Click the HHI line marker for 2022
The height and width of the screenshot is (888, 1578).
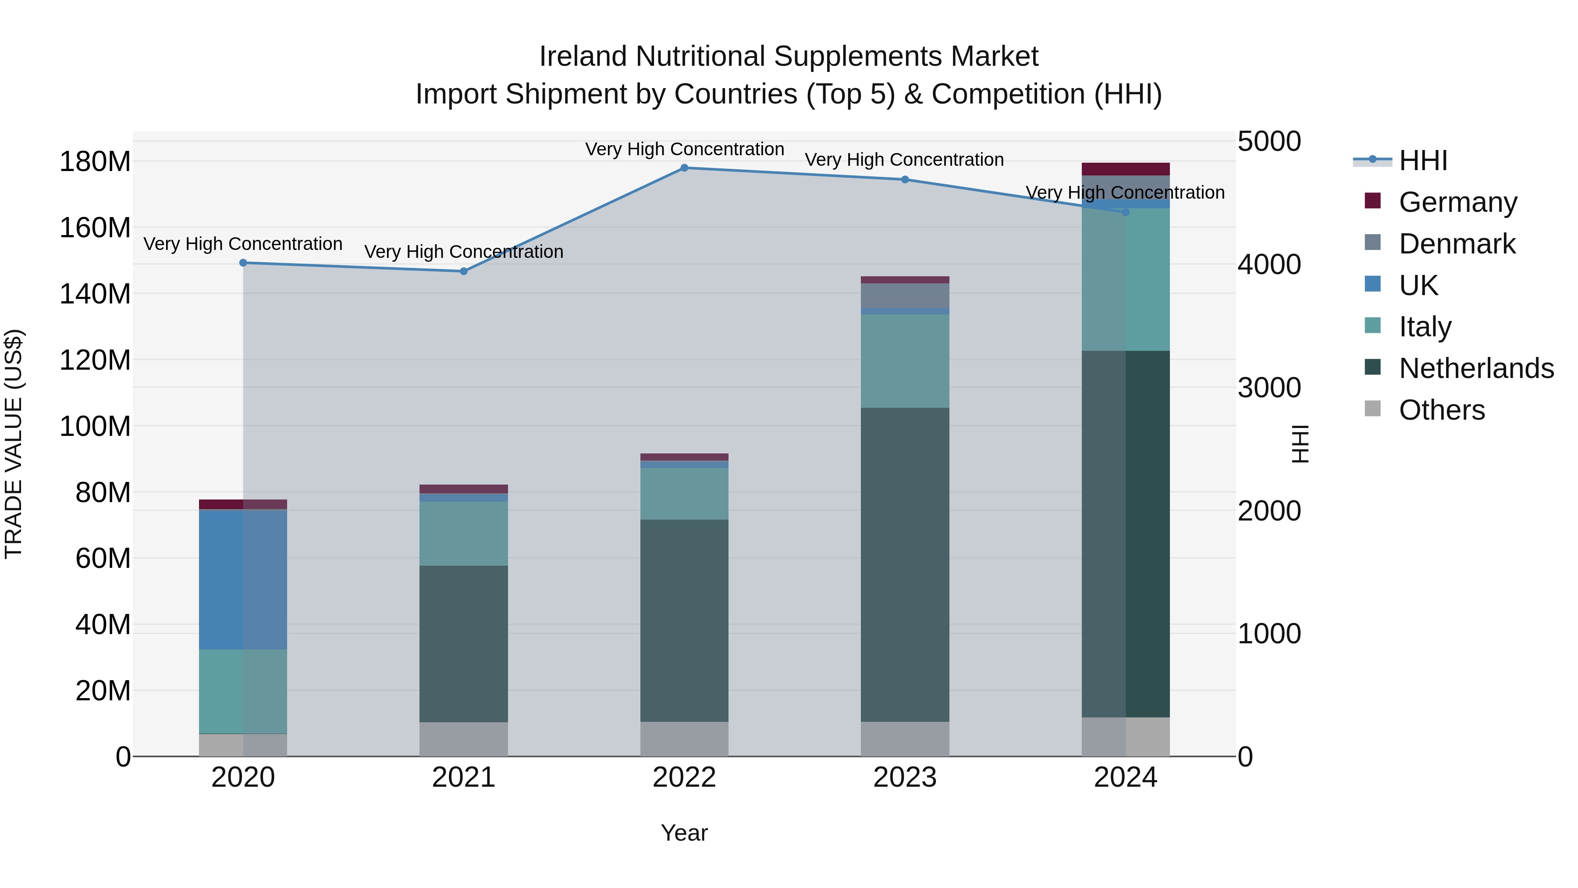coord(684,168)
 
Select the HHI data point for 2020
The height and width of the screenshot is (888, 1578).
coord(243,263)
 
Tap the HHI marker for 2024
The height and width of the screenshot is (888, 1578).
coord(1125,212)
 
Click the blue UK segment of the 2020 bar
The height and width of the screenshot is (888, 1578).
coord(243,579)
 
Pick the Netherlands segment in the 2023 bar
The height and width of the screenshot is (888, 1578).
coord(905,564)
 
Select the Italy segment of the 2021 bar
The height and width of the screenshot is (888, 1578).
coord(464,533)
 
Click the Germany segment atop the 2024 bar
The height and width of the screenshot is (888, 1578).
coord(1125,169)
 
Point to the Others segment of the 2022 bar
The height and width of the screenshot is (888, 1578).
coord(684,739)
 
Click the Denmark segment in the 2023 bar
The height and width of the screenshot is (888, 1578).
coord(905,296)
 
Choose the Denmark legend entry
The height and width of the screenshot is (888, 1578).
coord(1457,244)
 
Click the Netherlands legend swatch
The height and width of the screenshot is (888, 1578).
coord(1373,368)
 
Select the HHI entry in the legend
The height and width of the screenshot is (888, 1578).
coord(1422,160)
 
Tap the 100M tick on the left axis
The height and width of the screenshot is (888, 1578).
coord(95,426)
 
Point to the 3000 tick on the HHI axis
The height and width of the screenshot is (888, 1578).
coord(1269,388)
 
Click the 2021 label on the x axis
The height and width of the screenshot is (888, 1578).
coord(464,777)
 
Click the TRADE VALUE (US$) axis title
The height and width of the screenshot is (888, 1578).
coord(14,444)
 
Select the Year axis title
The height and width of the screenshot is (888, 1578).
coord(684,833)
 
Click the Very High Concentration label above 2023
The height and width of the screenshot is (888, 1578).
coord(904,160)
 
